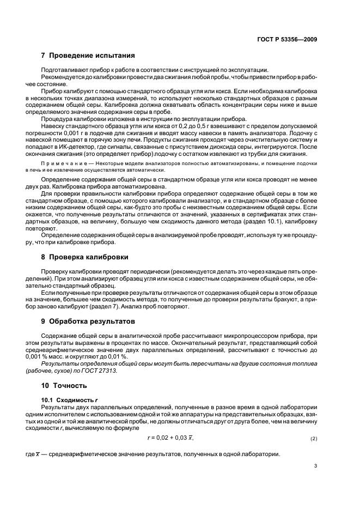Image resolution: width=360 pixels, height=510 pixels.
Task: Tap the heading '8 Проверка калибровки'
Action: point(88,257)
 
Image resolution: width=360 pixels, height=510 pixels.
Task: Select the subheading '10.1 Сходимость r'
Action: point(66,399)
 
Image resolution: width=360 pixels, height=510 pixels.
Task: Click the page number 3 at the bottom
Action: point(315,465)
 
